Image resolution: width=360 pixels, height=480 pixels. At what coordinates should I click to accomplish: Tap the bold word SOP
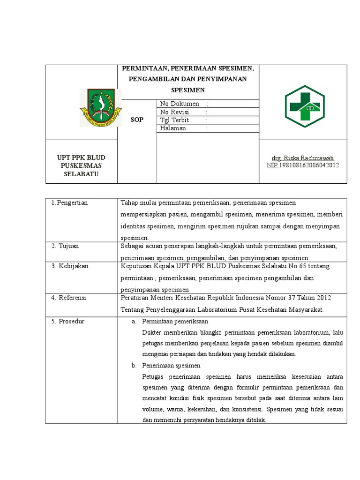coord(137,120)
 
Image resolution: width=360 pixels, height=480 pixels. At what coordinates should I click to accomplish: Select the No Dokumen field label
coord(180,104)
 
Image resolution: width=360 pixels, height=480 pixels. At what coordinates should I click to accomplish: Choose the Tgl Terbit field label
coord(177,120)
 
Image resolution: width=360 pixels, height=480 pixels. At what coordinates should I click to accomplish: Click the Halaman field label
coord(173,128)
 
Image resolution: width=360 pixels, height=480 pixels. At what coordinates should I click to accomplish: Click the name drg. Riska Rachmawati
coord(303,158)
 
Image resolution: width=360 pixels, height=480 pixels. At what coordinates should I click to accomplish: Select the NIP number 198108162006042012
coord(309,165)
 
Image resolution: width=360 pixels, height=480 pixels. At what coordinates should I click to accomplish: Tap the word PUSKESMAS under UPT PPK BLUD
coord(81,166)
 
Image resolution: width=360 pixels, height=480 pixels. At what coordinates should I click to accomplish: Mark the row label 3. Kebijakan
coord(70,266)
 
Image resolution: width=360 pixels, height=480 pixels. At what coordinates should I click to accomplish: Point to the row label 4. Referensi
coord(69,298)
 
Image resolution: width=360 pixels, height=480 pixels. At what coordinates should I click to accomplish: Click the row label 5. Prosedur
coord(68,321)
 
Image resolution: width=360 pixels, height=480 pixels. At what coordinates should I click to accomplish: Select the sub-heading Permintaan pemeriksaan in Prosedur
coord(175,321)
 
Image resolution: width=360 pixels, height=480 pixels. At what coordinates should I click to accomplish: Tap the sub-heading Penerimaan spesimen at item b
coord(172,365)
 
